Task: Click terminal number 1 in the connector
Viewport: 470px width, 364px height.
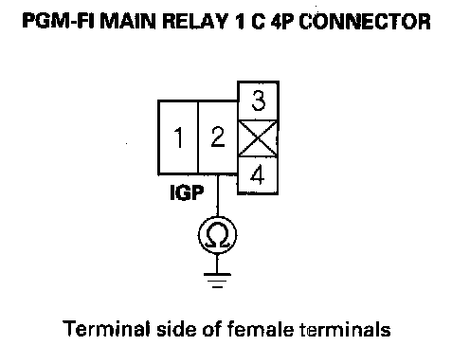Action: (178, 137)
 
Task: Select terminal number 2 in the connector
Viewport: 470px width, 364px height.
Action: (218, 137)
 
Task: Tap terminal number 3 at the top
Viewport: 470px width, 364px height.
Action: (258, 100)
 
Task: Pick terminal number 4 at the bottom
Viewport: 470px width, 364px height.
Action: (258, 175)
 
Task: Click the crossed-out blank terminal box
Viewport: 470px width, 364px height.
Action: (258, 138)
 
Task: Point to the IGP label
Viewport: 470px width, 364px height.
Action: (187, 192)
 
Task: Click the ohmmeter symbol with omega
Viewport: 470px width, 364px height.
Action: (217, 235)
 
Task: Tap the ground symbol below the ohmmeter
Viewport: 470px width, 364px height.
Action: (217, 281)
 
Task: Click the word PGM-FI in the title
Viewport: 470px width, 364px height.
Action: (58, 22)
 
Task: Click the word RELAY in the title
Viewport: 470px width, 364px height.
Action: (195, 22)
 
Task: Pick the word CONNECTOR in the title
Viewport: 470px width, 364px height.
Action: (365, 22)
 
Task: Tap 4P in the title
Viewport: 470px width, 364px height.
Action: (282, 22)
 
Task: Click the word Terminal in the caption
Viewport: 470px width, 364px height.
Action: (106, 329)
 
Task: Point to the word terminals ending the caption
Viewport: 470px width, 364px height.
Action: (345, 329)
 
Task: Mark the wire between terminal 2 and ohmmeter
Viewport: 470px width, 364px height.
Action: (218, 195)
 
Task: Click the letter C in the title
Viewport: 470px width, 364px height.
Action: (258, 22)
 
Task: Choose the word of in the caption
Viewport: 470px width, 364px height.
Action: (211, 329)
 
